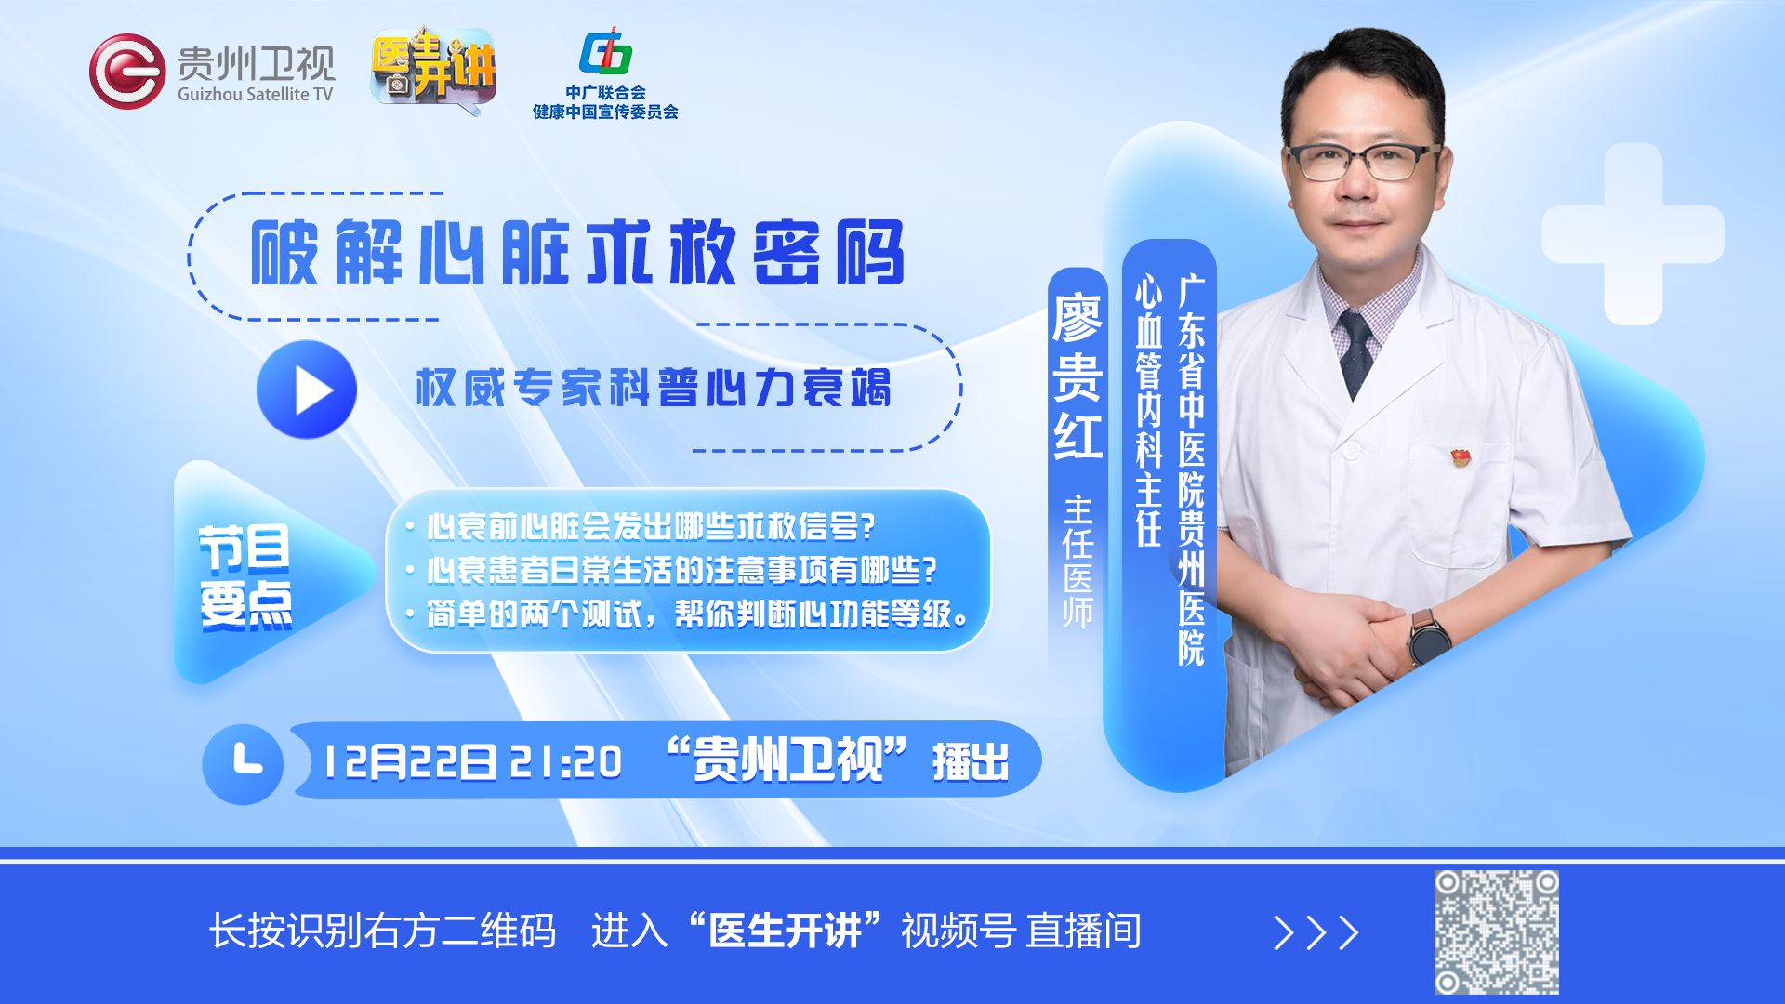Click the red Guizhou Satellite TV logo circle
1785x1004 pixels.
tap(127, 72)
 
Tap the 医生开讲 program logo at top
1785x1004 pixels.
tap(433, 69)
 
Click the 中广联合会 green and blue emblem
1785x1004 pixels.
tap(605, 52)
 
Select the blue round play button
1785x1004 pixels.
tap(307, 390)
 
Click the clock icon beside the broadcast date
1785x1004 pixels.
tap(243, 764)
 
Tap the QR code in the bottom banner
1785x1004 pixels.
tap(1496, 932)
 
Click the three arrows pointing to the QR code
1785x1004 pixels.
tap(1316, 932)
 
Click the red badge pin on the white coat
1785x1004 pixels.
tap(1461, 456)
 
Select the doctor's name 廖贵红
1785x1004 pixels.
tap(1078, 376)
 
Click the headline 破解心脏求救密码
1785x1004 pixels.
tap(577, 253)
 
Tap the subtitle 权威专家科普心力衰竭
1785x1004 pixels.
tap(654, 388)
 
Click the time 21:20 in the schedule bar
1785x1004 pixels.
tap(566, 762)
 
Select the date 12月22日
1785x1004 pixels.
tap(409, 762)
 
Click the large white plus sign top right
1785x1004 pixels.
tap(1633, 234)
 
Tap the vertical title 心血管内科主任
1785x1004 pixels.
tap(1149, 410)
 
